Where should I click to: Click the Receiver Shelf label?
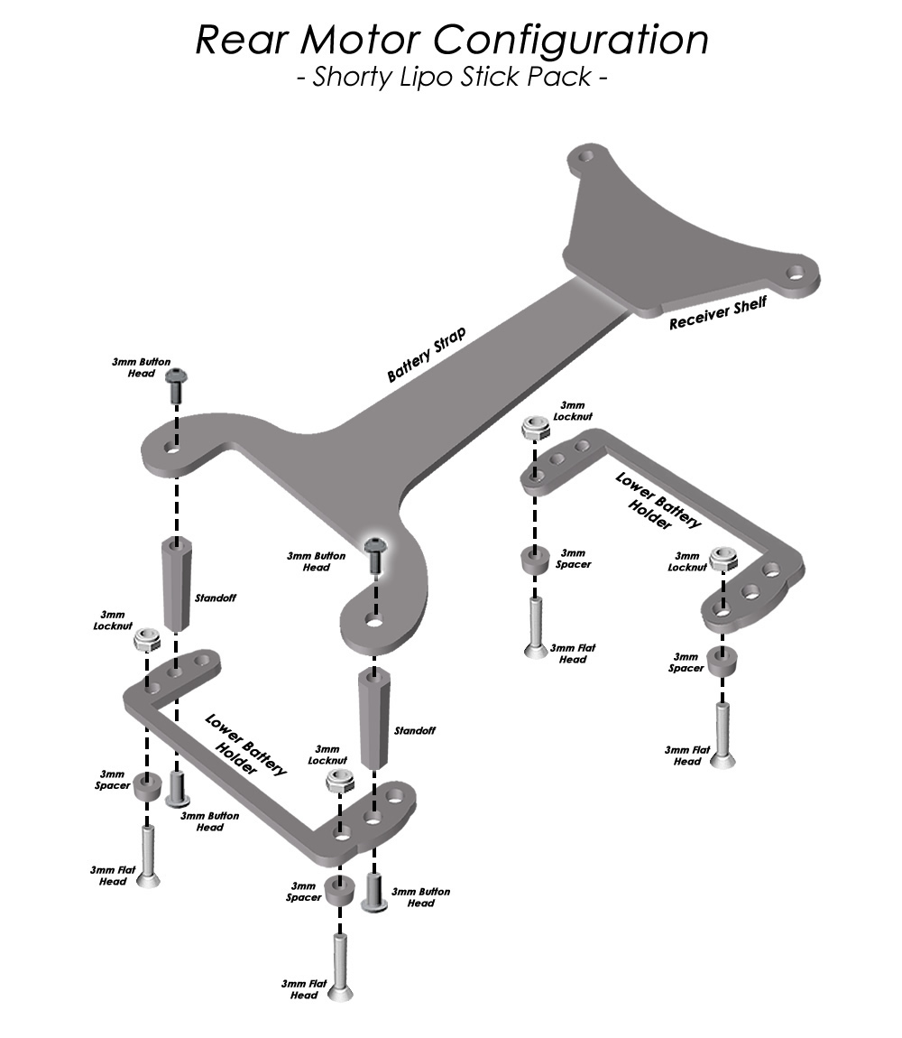[718, 312]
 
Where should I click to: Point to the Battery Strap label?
[426, 354]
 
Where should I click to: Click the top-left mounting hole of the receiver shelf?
[585, 158]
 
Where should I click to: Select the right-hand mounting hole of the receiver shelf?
[796, 272]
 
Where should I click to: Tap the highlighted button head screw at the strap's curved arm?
[375, 555]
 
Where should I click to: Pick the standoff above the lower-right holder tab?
[374, 718]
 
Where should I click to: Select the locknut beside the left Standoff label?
[147, 639]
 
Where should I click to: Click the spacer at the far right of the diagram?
[723, 662]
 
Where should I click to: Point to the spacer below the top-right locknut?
[535, 560]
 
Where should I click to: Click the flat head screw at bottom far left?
[148, 856]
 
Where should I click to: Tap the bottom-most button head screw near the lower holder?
[374, 893]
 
